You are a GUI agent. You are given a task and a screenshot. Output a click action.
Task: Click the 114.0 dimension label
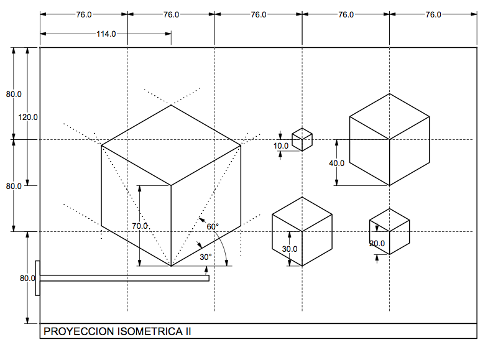pos(106,34)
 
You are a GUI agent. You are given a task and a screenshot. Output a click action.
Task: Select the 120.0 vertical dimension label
pos(28,116)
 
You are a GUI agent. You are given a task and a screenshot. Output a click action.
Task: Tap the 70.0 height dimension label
pos(140,226)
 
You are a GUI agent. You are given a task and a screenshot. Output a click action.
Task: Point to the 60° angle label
pos(213,227)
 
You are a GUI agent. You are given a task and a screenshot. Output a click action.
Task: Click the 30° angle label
pos(206,256)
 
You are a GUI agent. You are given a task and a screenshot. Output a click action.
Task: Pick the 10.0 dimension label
pos(281,146)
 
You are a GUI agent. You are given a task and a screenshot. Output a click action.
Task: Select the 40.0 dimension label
pos(337,163)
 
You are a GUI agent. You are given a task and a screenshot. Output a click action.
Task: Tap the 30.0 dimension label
pos(290,249)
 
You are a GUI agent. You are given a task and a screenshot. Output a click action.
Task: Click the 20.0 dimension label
pos(377,244)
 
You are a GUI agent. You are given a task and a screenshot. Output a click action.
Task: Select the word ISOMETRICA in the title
pos(149,332)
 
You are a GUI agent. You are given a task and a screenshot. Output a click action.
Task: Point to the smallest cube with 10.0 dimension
pos(302,139)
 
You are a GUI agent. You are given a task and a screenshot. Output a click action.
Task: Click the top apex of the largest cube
pos(171,105)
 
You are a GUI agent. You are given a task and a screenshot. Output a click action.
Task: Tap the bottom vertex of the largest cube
pos(171,266)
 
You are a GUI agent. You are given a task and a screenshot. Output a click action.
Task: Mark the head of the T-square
pos(38,278)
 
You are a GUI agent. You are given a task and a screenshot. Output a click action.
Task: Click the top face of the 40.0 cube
pos(390,116)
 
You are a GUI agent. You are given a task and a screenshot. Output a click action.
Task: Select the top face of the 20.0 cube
pos(390,218)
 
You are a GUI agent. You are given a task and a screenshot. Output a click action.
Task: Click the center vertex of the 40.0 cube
pos(390,139)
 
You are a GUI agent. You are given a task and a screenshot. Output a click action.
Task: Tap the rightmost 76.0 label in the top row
pos(433,14)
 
